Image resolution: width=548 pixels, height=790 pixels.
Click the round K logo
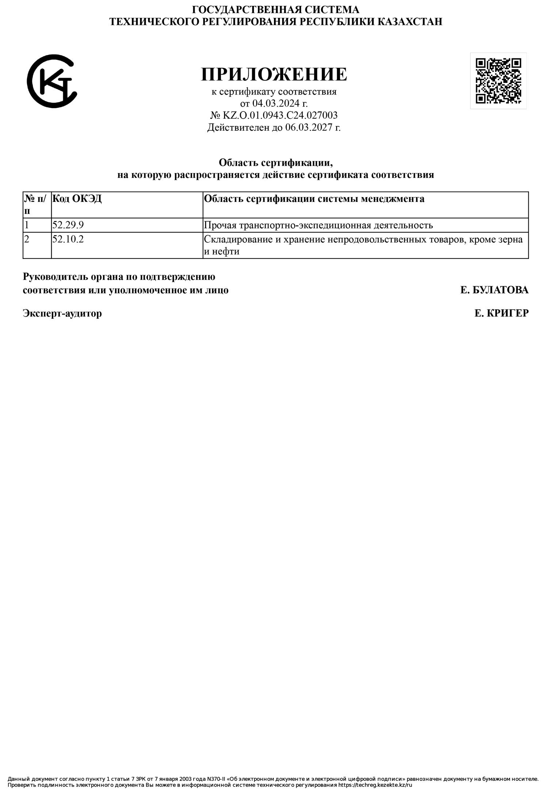(x=52, y=81)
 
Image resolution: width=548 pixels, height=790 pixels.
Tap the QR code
(x=498, y=81)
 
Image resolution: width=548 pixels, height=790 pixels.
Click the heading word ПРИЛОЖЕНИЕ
(x=274, y=74)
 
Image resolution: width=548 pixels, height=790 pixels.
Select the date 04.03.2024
(x=276, y=103)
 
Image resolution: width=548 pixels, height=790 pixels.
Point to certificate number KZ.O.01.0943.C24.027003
(x=280, y=115)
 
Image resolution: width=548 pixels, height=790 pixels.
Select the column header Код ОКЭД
(x=77, y=199)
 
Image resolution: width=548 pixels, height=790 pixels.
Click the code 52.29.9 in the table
(x=68, y=225)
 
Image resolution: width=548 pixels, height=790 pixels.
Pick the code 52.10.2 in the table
(x=68, y=239)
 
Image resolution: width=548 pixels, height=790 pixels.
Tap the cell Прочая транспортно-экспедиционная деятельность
(x=318, y=225)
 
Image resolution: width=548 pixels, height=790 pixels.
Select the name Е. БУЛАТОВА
(x=494, y=290)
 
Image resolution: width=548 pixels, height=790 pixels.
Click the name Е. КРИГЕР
(x=501, y=313)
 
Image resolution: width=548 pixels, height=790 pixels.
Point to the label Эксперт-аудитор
(x=62, y=313)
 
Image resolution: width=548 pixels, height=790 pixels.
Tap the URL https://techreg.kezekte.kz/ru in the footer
(x=375, y=785)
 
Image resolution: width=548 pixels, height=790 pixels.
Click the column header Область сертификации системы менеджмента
(x=314, y=199)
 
